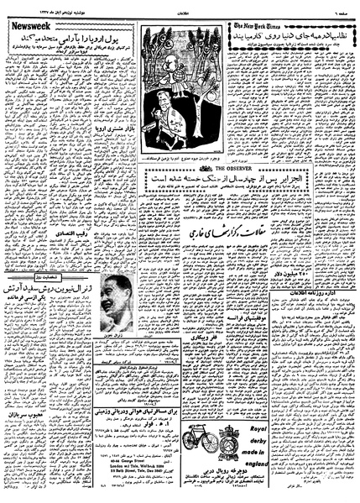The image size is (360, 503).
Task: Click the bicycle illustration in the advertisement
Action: [217, 440]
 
